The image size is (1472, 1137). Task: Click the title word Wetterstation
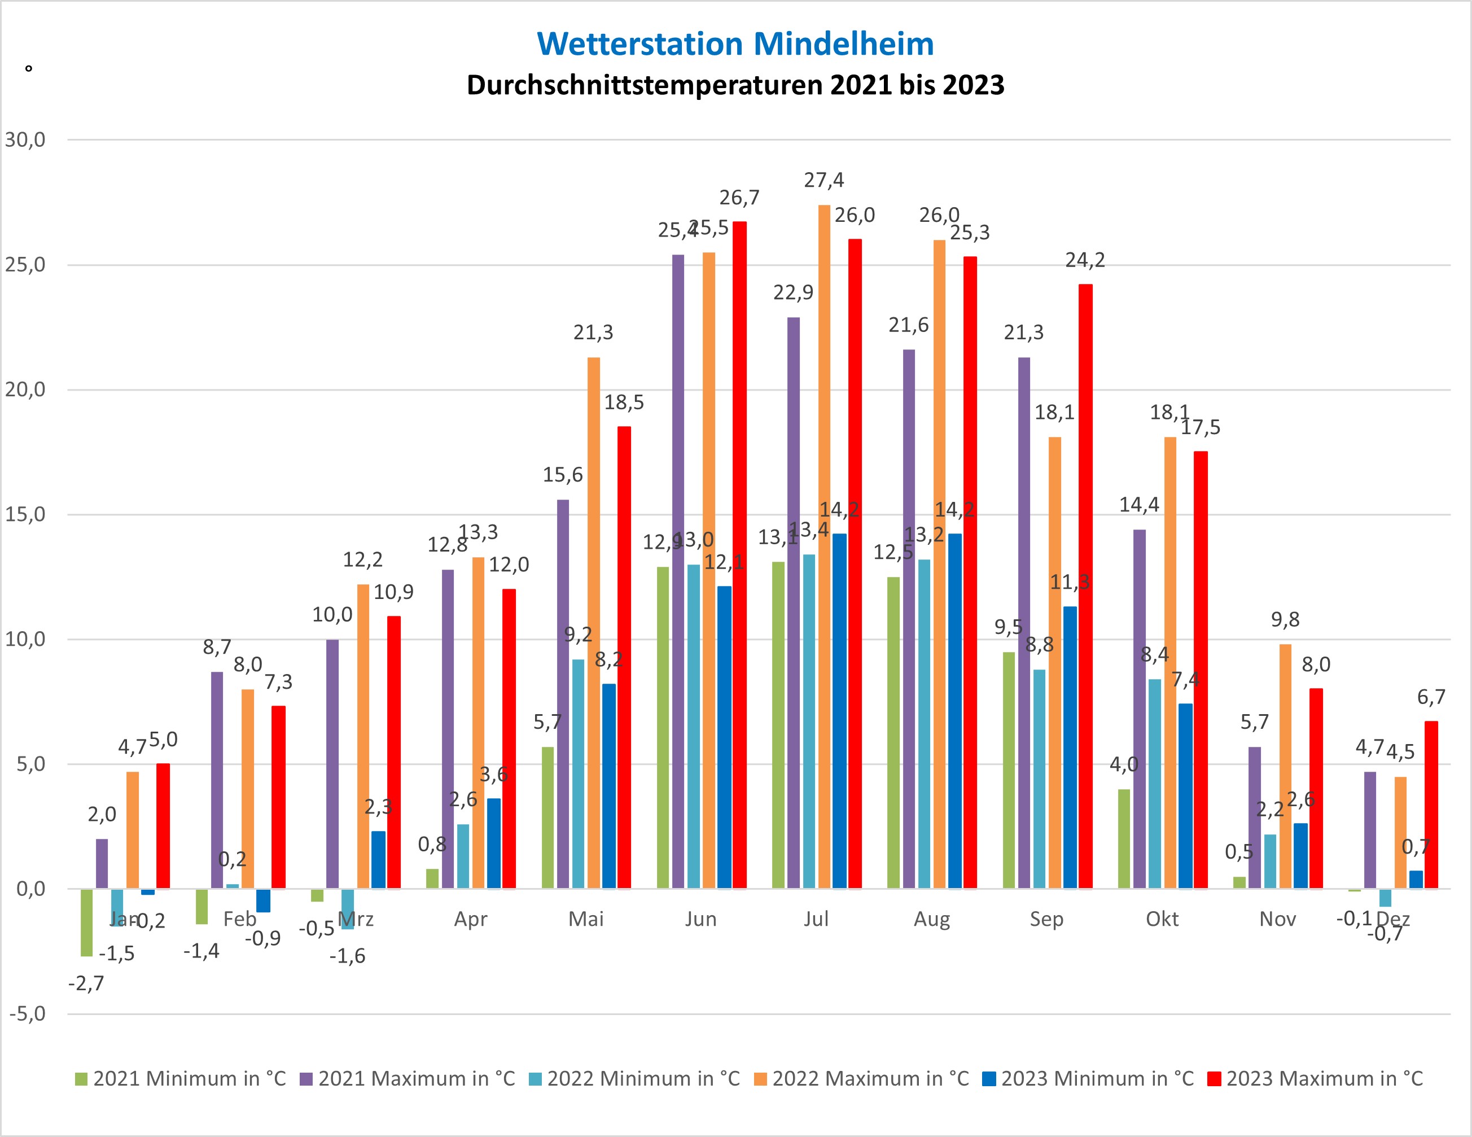[639, 45]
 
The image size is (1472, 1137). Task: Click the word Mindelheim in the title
[843, 45]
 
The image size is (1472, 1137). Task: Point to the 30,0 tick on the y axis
[25, 139]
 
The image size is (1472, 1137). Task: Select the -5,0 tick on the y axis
[28, 1014]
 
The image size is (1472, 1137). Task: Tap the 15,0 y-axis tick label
[25, 514]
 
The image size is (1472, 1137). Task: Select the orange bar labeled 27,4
[823, 546]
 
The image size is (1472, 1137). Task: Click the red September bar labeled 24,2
[1085, 587]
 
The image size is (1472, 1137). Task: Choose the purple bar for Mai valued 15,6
[563, 694]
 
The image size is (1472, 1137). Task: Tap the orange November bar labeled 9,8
[1285, 766]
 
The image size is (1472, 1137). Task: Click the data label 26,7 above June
[739, 198]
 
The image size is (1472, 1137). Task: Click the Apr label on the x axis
[471, 919]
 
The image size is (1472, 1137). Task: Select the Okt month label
[1162, 919]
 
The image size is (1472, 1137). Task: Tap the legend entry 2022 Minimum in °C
[634, 1078]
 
